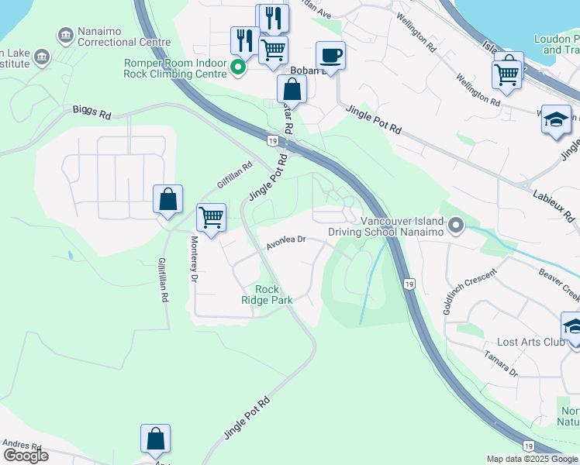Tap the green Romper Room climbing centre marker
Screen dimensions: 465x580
pos(240,68)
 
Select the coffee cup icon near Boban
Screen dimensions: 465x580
pos(331,56)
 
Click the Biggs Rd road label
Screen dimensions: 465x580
pos(92,113)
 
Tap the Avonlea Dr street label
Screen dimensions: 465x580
pos(287,242)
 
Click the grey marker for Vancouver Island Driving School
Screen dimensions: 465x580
pos(457,226)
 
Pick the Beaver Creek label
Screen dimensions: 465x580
pos(560,284)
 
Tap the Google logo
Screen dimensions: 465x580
pos(26,456)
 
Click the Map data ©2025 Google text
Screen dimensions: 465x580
pos(532,459)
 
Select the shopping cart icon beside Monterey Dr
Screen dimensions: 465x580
pos(211,217)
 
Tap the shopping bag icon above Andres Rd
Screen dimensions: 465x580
pos(156,439)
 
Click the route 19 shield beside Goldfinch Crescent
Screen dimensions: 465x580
pos(408,284)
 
